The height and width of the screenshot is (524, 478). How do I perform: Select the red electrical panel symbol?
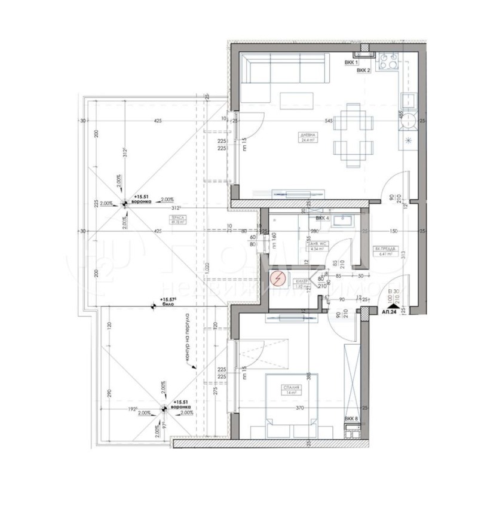pyautogui.click(x=278, y=278)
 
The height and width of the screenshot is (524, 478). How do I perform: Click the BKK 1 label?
pyautogui.click(x=351, y=63)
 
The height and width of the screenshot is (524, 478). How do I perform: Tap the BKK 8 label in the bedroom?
pyautogui.click(x=351, y=419)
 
